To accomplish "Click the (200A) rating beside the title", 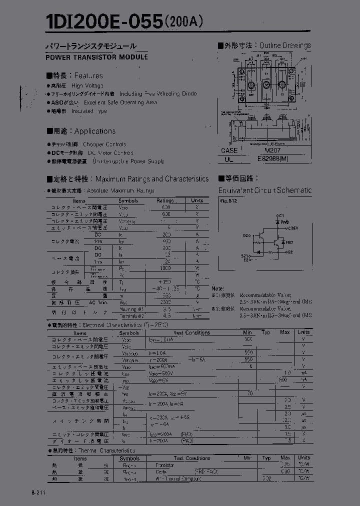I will [x=183, y=22].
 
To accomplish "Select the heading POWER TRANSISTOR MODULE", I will [x=97, y=57].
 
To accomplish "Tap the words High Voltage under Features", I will [x=87, y=85].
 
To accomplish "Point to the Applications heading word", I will [x=95, y=131].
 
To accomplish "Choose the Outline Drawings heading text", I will [x=285, y=45].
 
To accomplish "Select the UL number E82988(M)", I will [x=273, y=158].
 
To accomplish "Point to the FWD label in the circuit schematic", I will [x=284, y=221].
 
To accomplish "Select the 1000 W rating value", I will [x=165, y=268].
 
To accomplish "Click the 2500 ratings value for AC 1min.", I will [x=166, y=302].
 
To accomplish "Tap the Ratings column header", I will [x=165, y=200].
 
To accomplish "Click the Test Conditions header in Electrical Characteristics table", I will [x=192, y=332].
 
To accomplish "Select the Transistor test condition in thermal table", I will [x=165, y=465].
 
